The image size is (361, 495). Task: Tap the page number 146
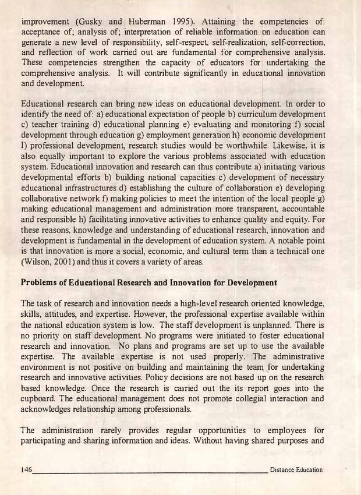pos(26,470)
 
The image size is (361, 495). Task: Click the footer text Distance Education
pos(296,470)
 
